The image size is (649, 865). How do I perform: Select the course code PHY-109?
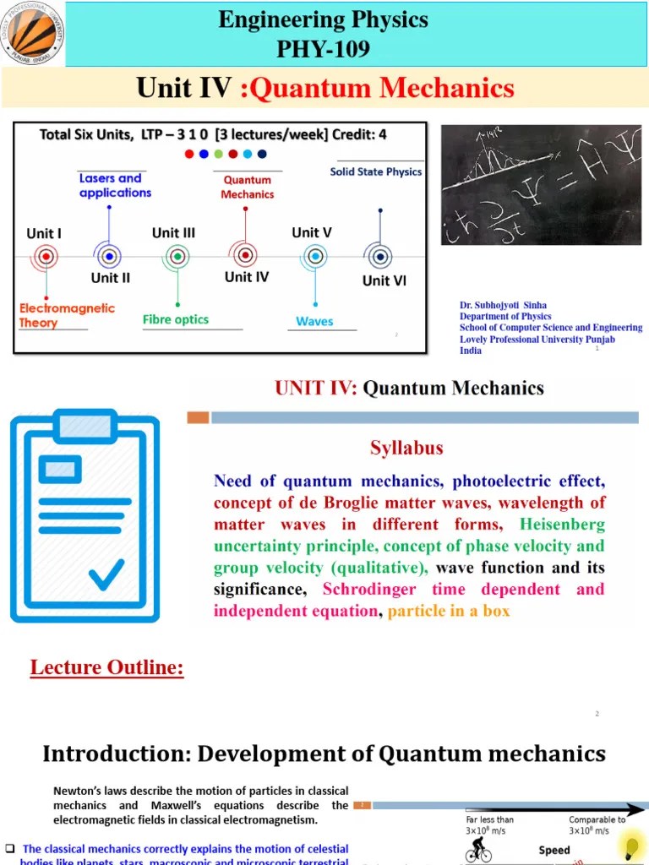tap(323, 49)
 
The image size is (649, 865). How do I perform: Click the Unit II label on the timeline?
tap(110, 277)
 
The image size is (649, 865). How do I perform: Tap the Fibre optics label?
tap(176, 319)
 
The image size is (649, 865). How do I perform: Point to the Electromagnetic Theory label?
tap(67, 315)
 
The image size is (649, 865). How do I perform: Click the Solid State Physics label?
tap(375, 172)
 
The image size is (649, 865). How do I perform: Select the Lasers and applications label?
tap(115, 185)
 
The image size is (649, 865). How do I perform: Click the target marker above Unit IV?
tap(244, 254)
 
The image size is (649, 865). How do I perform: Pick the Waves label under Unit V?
tap(314, 321)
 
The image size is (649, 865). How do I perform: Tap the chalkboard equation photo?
tap(541, 185)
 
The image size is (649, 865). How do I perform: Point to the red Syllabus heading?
tap(406, 448)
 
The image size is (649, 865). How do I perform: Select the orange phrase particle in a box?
tap(449, 611)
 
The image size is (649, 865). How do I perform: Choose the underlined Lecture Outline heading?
tap(106, 668)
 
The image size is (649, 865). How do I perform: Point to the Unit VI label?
tap(384, 280)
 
